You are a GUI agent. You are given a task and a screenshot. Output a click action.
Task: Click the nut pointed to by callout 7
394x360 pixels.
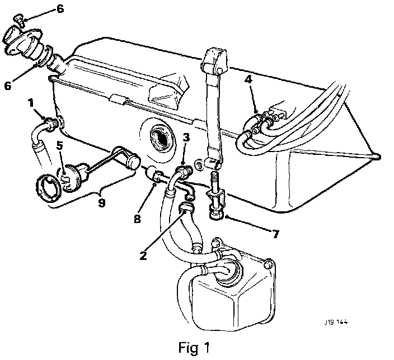pos(217,213)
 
